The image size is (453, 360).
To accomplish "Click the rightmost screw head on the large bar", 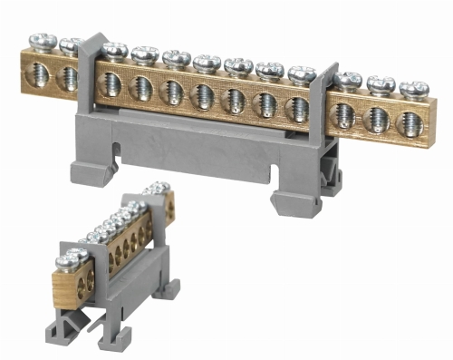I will click(x=413, y=89).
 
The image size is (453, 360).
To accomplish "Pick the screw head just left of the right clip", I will click(x=301, y=73).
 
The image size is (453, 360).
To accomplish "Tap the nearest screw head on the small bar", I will click(x=70, y=262).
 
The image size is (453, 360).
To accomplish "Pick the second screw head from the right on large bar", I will click(x=381, y=83).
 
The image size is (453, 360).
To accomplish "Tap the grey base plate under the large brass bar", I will click(x=208, y=150).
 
